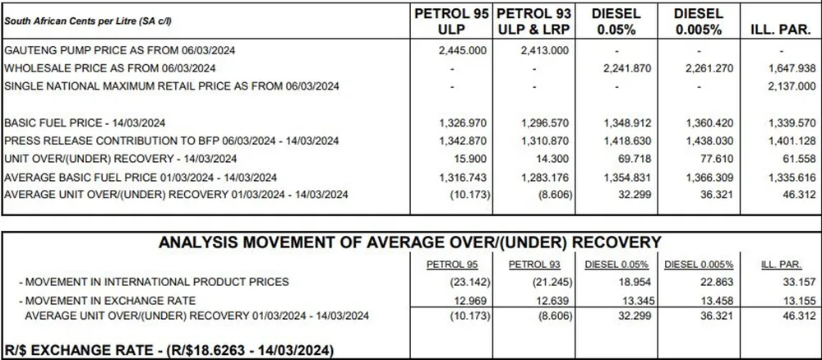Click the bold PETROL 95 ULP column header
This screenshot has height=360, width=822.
tap(451, 21)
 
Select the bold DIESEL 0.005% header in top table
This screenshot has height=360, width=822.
tap(698, 21)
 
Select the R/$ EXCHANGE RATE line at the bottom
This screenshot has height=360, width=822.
tap(169, 349)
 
